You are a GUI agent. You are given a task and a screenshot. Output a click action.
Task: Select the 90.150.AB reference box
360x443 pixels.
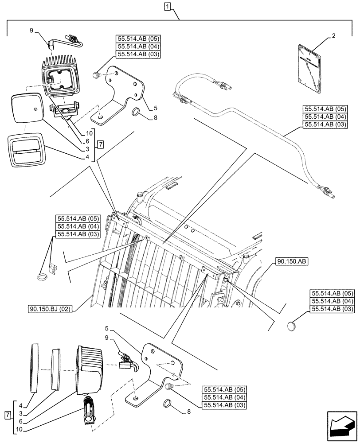coord(291,261)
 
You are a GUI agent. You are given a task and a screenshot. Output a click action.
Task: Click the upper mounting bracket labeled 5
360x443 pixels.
coord(124,93)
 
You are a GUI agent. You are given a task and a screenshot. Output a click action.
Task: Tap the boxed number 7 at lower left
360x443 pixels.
coord(7,415)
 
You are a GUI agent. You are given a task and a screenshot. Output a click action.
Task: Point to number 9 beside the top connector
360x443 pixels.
coord(31,31)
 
